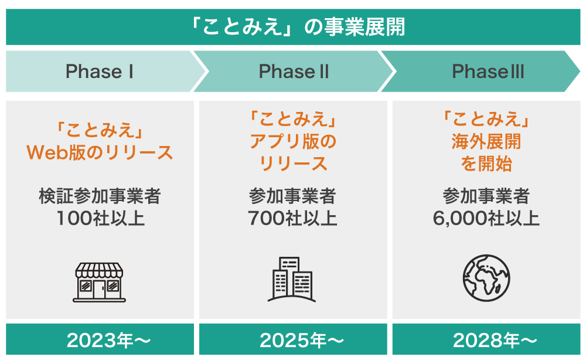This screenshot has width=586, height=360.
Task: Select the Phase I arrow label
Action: coord(100,72)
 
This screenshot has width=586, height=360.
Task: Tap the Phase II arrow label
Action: coord(294,72)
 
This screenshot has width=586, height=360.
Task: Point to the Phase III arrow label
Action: coord(488,72)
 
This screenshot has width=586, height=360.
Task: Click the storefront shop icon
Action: coord(100,282)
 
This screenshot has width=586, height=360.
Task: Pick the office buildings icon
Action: coord(292,279)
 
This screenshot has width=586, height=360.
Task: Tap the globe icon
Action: coord(486,278)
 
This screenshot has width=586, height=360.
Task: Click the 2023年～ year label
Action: coord(109,340)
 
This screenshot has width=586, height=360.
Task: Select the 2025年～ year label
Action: coord(302,340)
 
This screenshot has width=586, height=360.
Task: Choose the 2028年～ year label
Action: coord(495,340)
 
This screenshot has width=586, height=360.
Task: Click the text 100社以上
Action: coord(101,218)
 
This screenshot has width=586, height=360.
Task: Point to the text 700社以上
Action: coord(292,218)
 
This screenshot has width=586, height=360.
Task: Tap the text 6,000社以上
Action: coord(486,218)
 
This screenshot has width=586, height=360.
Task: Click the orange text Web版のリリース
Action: coord(100,152)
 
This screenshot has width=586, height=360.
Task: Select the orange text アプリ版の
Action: coord(294,141)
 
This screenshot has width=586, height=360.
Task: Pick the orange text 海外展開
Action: coord(486,141)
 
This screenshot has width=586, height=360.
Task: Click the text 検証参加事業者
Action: coord(100,196)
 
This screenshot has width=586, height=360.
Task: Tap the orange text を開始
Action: coord(486,164)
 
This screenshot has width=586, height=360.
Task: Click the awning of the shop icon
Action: coord(100,270)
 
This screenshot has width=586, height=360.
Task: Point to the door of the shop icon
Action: coord(100,289)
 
